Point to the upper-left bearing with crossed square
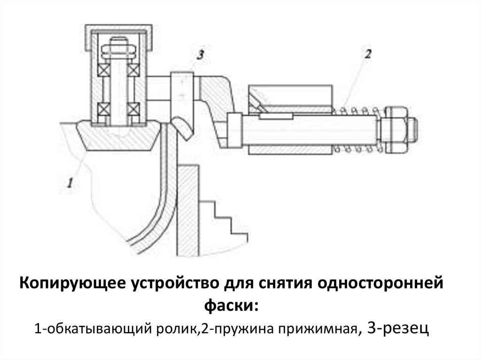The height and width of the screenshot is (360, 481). [x=103, y=69]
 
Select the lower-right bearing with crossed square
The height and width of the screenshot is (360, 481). [x=135, y=109]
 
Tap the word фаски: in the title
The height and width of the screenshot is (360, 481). [x=231, y=306]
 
